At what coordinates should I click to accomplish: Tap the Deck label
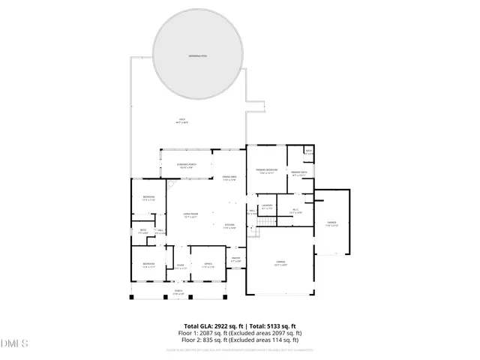pos(181,121)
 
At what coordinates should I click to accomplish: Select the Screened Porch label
pos(185,166)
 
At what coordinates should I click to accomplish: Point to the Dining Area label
pos(229,178)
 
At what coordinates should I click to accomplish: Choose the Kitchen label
pos(229,226)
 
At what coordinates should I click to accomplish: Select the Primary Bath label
pos(299,174)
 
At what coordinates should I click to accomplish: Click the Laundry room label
pos(267,206)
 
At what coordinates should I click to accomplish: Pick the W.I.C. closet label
pos(296,211)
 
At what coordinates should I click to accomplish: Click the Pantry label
pos(235,259)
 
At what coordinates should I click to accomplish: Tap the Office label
pos(208,265)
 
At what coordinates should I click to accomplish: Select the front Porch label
pos(178,292)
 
